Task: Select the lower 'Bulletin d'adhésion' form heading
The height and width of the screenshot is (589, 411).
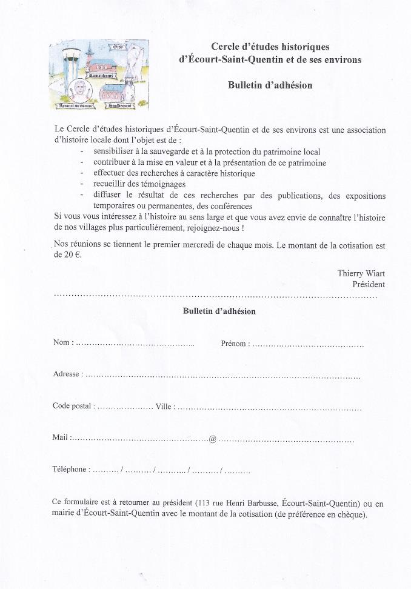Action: pyautogui.click(x=219, y=311)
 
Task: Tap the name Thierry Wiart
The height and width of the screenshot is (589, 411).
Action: pyautogui.click(x=361, y=273)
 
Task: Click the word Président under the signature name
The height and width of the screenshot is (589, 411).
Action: pyautogui.click(x=369, y=284)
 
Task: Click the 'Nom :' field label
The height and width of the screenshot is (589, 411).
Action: pyautogui.click(x=63, y=342)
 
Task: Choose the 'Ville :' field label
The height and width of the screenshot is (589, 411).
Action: pyautogui.click(x=165, y=406)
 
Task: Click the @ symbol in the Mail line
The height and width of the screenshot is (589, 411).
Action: pyautogui.click(x=212, y=438)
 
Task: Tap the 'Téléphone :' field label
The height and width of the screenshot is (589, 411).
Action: pyautogui.click(x=72, y=469)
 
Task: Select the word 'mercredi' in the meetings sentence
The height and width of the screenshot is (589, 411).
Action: pyautogui.click(x=209, y=246)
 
